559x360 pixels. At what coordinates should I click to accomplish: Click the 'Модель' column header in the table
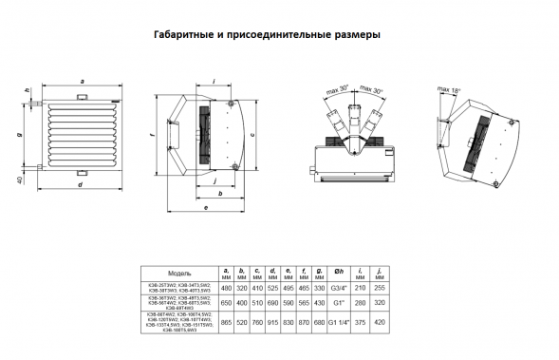click(179, 272)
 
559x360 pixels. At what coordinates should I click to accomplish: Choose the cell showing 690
click(272, 305)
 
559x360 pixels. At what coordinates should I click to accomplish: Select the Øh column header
click(335, 272)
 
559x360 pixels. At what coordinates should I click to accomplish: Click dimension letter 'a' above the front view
click(84, 83)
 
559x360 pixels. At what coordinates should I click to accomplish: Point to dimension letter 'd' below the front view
click(80, 184)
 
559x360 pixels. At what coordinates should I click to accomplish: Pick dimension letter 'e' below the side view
click(206, 204)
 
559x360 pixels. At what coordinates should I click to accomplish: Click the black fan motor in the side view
click(202, 134)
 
